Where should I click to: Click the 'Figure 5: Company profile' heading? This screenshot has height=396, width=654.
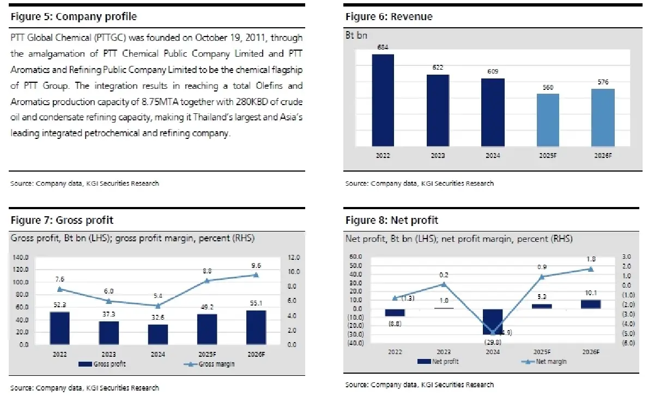[74, 17]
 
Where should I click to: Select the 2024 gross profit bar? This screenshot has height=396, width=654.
[158, 334]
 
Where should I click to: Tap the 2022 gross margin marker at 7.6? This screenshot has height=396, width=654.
[59, 289]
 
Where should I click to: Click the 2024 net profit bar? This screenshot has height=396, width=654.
[494, 321]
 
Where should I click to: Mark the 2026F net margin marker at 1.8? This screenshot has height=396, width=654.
[591, 269]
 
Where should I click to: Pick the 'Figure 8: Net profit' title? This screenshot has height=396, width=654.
[391, 220]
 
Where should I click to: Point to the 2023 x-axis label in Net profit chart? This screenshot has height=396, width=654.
[444, 352]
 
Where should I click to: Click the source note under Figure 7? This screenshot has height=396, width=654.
[84, 388]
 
